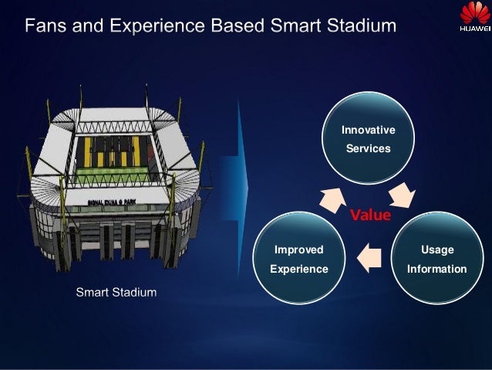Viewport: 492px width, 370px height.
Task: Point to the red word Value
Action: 370,215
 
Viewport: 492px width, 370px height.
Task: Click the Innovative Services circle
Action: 368,139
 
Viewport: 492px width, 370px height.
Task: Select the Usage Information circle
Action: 436,260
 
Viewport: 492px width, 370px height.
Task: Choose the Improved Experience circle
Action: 299,260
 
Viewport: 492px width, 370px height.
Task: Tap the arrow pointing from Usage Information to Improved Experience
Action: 369,257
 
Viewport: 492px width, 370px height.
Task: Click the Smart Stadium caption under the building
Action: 116,293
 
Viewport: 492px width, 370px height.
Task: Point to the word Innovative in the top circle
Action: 368,131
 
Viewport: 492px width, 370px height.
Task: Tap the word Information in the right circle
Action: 436,269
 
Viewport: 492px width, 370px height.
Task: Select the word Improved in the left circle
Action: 299,249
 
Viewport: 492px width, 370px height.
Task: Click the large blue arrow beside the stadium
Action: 235,178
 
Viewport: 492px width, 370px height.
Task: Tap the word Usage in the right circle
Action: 436,249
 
